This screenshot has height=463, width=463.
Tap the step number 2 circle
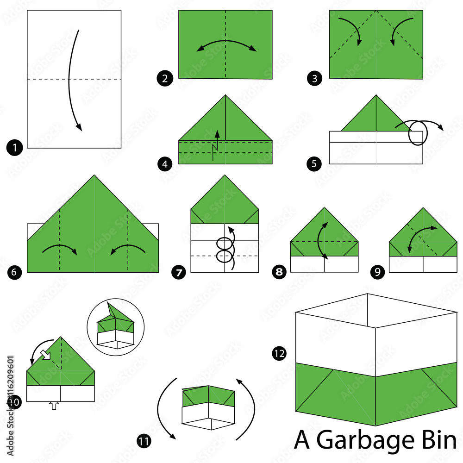point(165,79)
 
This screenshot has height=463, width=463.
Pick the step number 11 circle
point(144,442)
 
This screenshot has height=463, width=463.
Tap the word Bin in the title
point(436,440)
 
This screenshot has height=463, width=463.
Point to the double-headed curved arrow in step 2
point(226,45)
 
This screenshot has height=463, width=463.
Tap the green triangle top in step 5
point(375,116)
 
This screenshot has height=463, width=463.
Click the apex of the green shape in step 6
point(95,175)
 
